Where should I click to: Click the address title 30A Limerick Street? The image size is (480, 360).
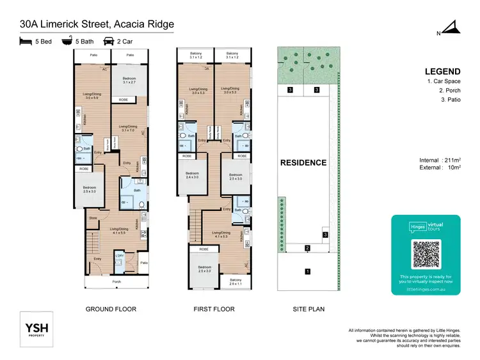coord(96,24)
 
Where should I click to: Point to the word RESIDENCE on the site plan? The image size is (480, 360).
coord(303,162)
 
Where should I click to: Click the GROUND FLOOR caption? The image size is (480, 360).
coord(111,309)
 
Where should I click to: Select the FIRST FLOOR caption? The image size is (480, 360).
coord(214,309)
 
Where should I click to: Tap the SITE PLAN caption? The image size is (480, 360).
coord(308,309)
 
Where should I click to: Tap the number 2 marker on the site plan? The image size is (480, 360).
coord(307,248)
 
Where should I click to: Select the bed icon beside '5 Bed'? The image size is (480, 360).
coord(25,41)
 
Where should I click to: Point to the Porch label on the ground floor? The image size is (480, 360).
coord(116,281)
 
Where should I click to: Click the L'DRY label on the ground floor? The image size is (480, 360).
coord(119,256)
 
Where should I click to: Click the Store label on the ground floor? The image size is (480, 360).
coord(93,217)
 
